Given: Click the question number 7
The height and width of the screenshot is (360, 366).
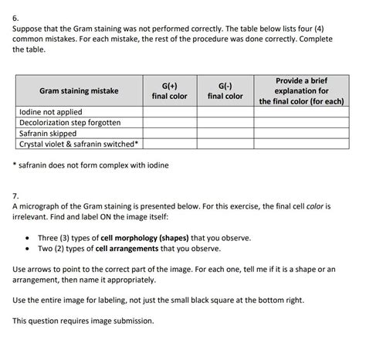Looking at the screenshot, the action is click(16, 195).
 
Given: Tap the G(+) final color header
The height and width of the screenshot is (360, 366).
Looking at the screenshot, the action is click(169, 91).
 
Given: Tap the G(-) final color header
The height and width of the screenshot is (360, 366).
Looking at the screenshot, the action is click(225, 91).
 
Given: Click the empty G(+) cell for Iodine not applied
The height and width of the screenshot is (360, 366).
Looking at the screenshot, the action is click(169, 112).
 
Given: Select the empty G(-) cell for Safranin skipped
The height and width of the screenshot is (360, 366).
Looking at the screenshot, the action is click(225, 133).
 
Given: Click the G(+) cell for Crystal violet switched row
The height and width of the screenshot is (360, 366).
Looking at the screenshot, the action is click(169, 144).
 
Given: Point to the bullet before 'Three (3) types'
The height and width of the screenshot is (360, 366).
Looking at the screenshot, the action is click(28, 238).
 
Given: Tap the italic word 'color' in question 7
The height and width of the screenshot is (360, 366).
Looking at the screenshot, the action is click(322, 207).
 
